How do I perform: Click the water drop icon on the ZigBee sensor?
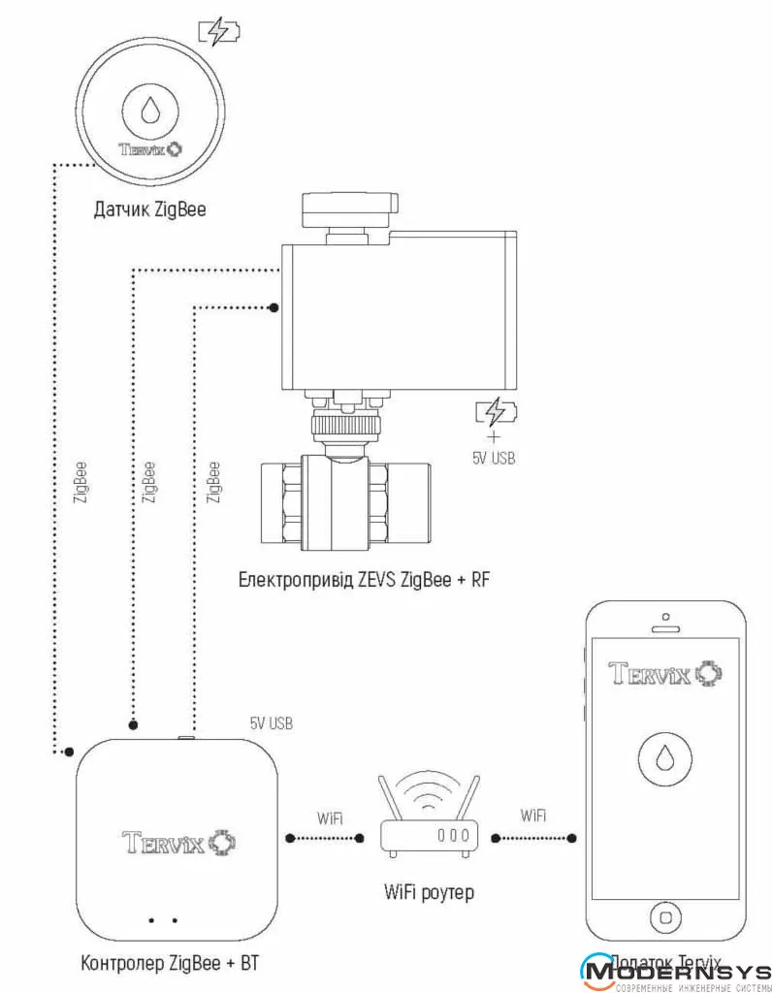pos(149,109)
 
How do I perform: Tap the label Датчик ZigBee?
pos(150,208)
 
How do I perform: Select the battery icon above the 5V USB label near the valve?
pos(495,413)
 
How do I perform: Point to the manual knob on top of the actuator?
pos(350,206)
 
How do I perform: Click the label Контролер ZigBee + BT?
pos(172,963)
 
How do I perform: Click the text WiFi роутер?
pos(428,891)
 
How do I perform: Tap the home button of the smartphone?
pos(665,915)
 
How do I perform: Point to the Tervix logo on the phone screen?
pos(665,672)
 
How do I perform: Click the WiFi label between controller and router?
pos(330,817)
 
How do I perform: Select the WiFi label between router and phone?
pos(533,816)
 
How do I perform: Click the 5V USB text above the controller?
pos(271,723)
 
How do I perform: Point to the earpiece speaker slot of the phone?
pos(665,627)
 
